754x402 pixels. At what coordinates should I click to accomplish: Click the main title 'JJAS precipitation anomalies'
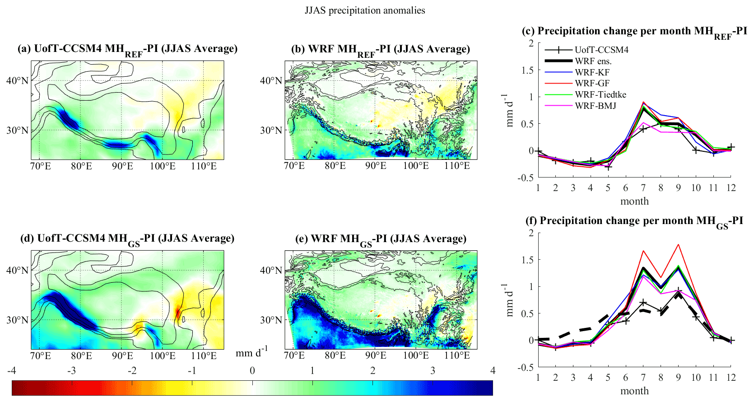click(x=365, y=10)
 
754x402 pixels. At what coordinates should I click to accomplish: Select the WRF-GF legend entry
click(x=592, y=84)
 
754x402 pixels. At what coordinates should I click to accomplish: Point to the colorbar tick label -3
click(x=71, y=371)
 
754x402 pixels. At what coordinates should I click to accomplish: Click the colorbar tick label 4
click(x=493, y=371)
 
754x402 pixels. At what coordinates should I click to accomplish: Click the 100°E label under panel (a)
click(x=163, y=166)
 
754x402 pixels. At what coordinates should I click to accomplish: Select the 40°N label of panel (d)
click(x=17, y=271)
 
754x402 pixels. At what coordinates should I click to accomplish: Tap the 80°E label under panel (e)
click(x=335, y=356)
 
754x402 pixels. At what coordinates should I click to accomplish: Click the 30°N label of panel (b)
click(x=271, y=131)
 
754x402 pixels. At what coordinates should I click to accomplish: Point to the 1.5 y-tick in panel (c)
click(x=527, y=70)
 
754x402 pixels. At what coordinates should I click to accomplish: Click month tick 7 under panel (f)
click(x=643, y=378)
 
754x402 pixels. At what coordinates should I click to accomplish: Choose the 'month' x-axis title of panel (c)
click(x=634, y=201)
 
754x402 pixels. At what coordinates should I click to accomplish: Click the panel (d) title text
click(x=127, y=239)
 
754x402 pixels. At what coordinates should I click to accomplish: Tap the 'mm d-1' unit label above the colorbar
click(x=251, y=352)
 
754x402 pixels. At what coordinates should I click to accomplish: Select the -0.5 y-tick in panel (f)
click(x=526, y=367)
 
